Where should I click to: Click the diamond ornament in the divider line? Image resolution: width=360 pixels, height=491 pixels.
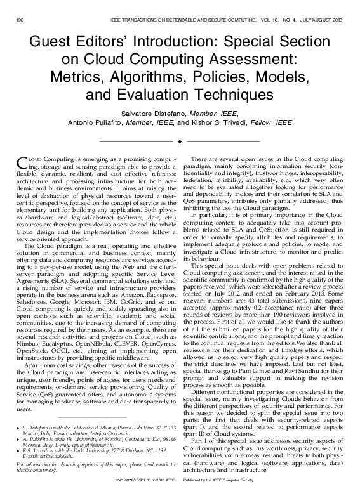coord(180,140)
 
